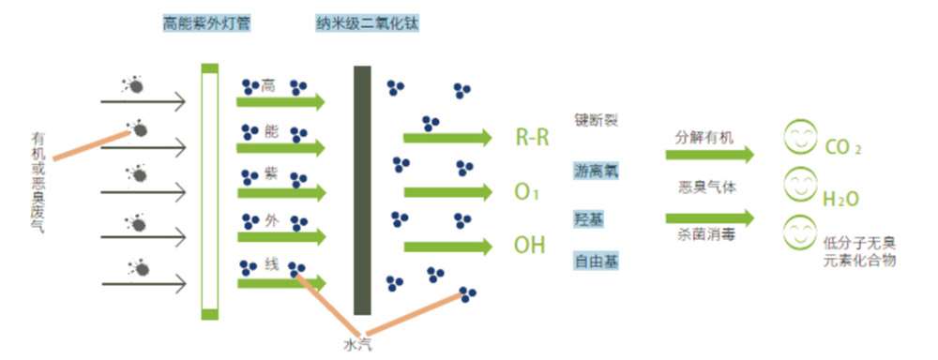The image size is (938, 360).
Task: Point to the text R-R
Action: click(532, 139)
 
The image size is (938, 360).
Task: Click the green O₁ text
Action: click(526, 193)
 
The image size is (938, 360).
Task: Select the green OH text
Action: click(529, 247)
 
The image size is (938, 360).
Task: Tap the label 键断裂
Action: click(597, 121)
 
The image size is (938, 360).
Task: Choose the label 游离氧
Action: click(597, 171)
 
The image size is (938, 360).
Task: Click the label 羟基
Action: click(589, 217)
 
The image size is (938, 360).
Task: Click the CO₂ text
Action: click(842, 148)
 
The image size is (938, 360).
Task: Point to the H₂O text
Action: click(840, 199)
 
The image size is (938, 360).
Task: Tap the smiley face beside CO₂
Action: click(800, 141)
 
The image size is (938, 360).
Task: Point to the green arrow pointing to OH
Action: click(447, 247)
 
